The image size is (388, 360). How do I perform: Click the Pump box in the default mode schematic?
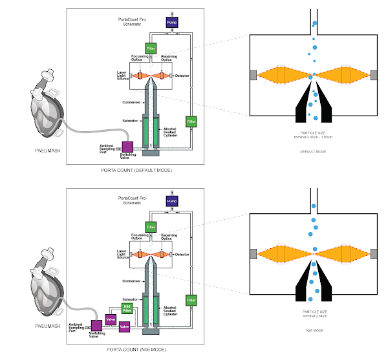coord(171,21)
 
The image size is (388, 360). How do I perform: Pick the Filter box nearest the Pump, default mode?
coord(151,49)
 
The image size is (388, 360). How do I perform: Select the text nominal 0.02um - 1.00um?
coord(313,136)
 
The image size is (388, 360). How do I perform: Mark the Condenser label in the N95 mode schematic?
coord(131,281)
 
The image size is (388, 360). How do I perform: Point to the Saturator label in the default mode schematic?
coord(131,120)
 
